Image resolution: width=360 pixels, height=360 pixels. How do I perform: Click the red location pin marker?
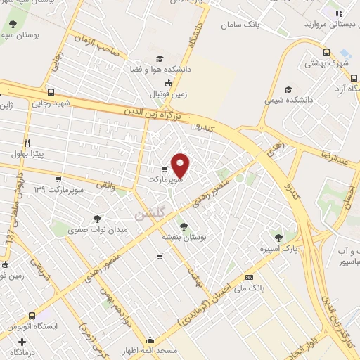[181, 165]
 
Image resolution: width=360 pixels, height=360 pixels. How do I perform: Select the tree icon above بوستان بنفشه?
[184, 226]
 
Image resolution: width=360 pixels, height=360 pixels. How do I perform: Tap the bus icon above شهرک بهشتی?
[326, 51]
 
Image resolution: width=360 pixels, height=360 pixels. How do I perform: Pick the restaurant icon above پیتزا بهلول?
[27, 140]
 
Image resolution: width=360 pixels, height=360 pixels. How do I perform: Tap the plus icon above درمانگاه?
[22, 341]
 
